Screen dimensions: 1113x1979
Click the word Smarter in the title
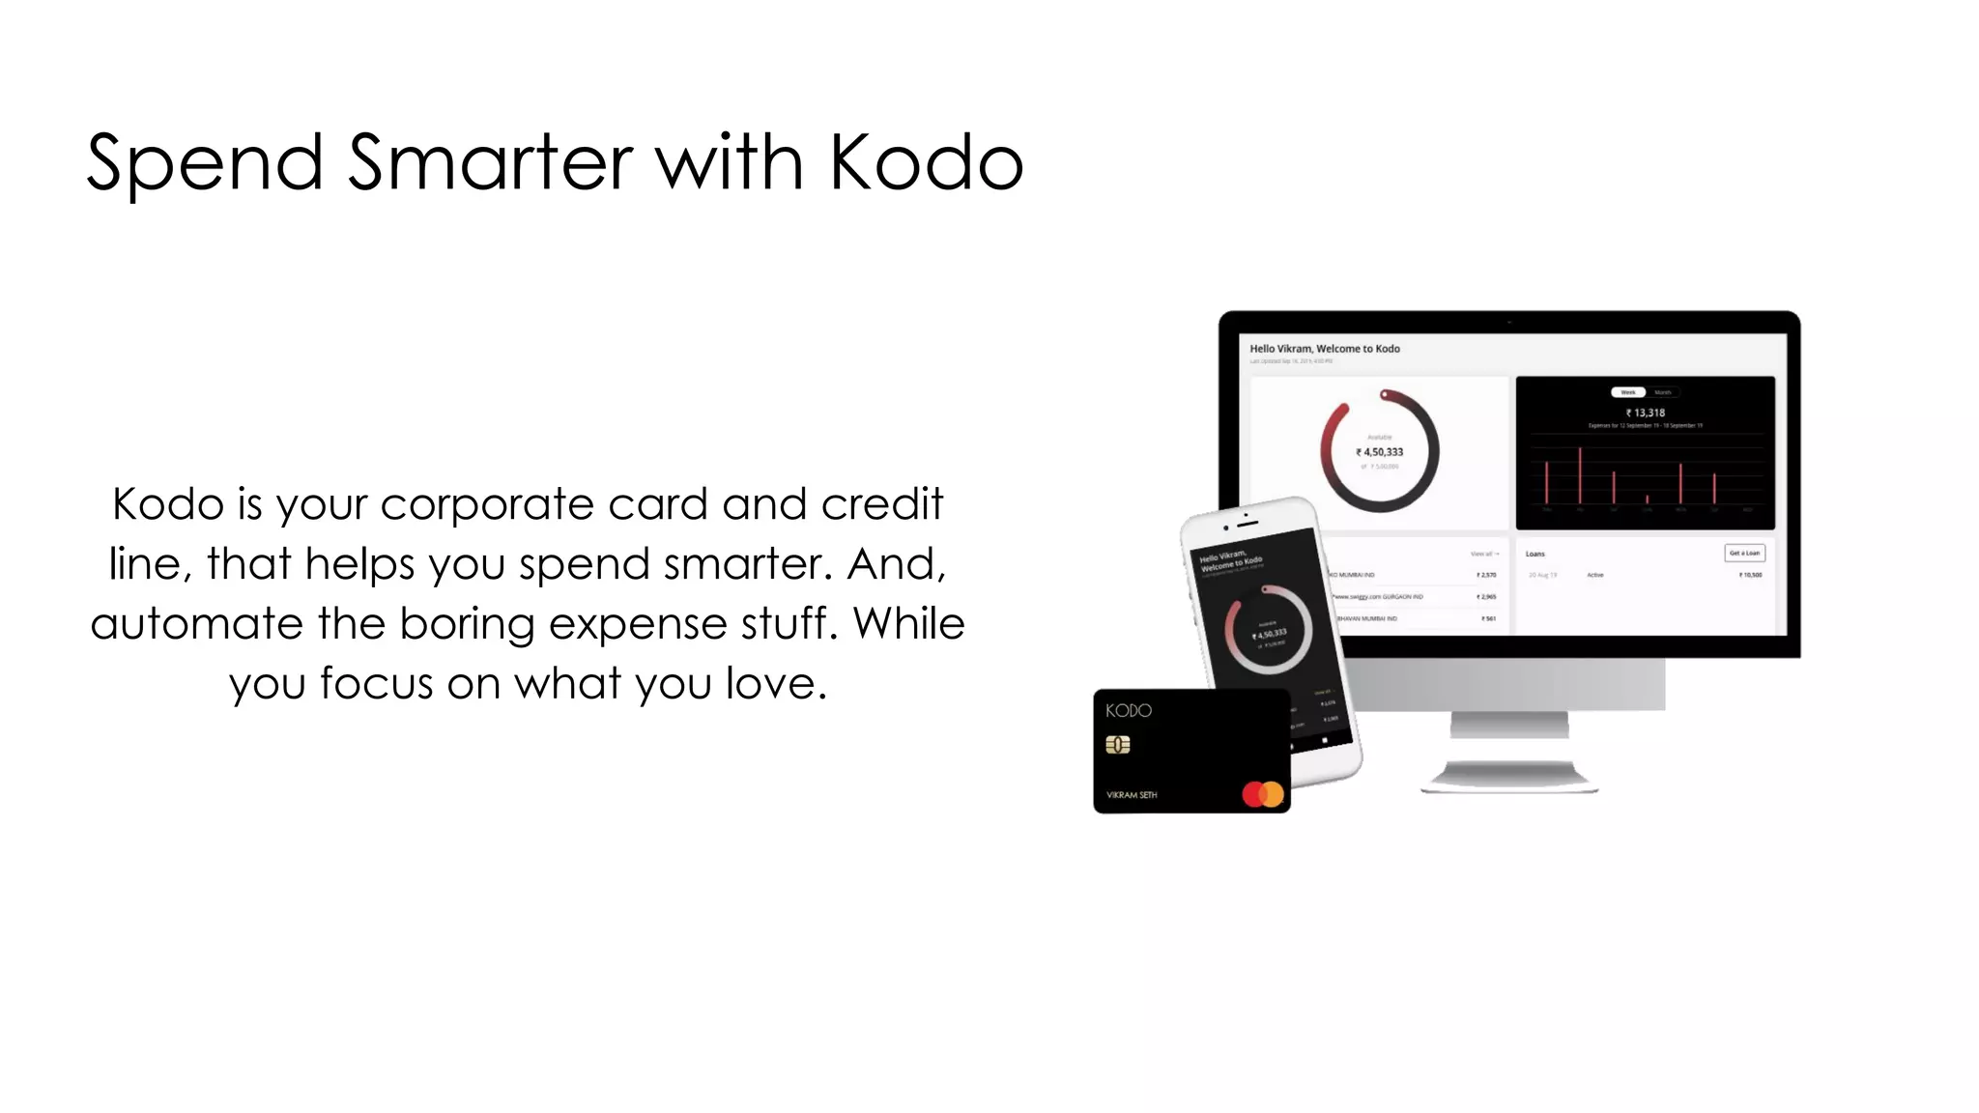coord(490,162)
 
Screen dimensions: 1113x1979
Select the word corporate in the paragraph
coord(486,504)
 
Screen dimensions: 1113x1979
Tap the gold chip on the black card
coord(1118,745)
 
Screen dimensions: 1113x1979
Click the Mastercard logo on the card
coord(1263,794)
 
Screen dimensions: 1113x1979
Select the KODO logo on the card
coord(1129,710)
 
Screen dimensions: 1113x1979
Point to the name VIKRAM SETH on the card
coord(1132,795)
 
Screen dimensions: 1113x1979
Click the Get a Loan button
coord(1744,553)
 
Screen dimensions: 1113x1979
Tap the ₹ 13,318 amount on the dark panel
coord(1646,413)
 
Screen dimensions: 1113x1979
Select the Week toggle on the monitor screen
coord(1628,392)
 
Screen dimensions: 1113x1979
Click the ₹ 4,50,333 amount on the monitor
coord(1380,452)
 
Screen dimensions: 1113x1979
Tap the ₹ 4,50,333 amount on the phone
coord(1269,634)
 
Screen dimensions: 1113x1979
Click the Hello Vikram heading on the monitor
coord(1324,349)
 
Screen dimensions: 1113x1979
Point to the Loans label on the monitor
coord(1534,554)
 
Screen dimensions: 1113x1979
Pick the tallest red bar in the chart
coord(1580,474)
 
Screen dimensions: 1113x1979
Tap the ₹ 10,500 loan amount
coord(1750,575)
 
